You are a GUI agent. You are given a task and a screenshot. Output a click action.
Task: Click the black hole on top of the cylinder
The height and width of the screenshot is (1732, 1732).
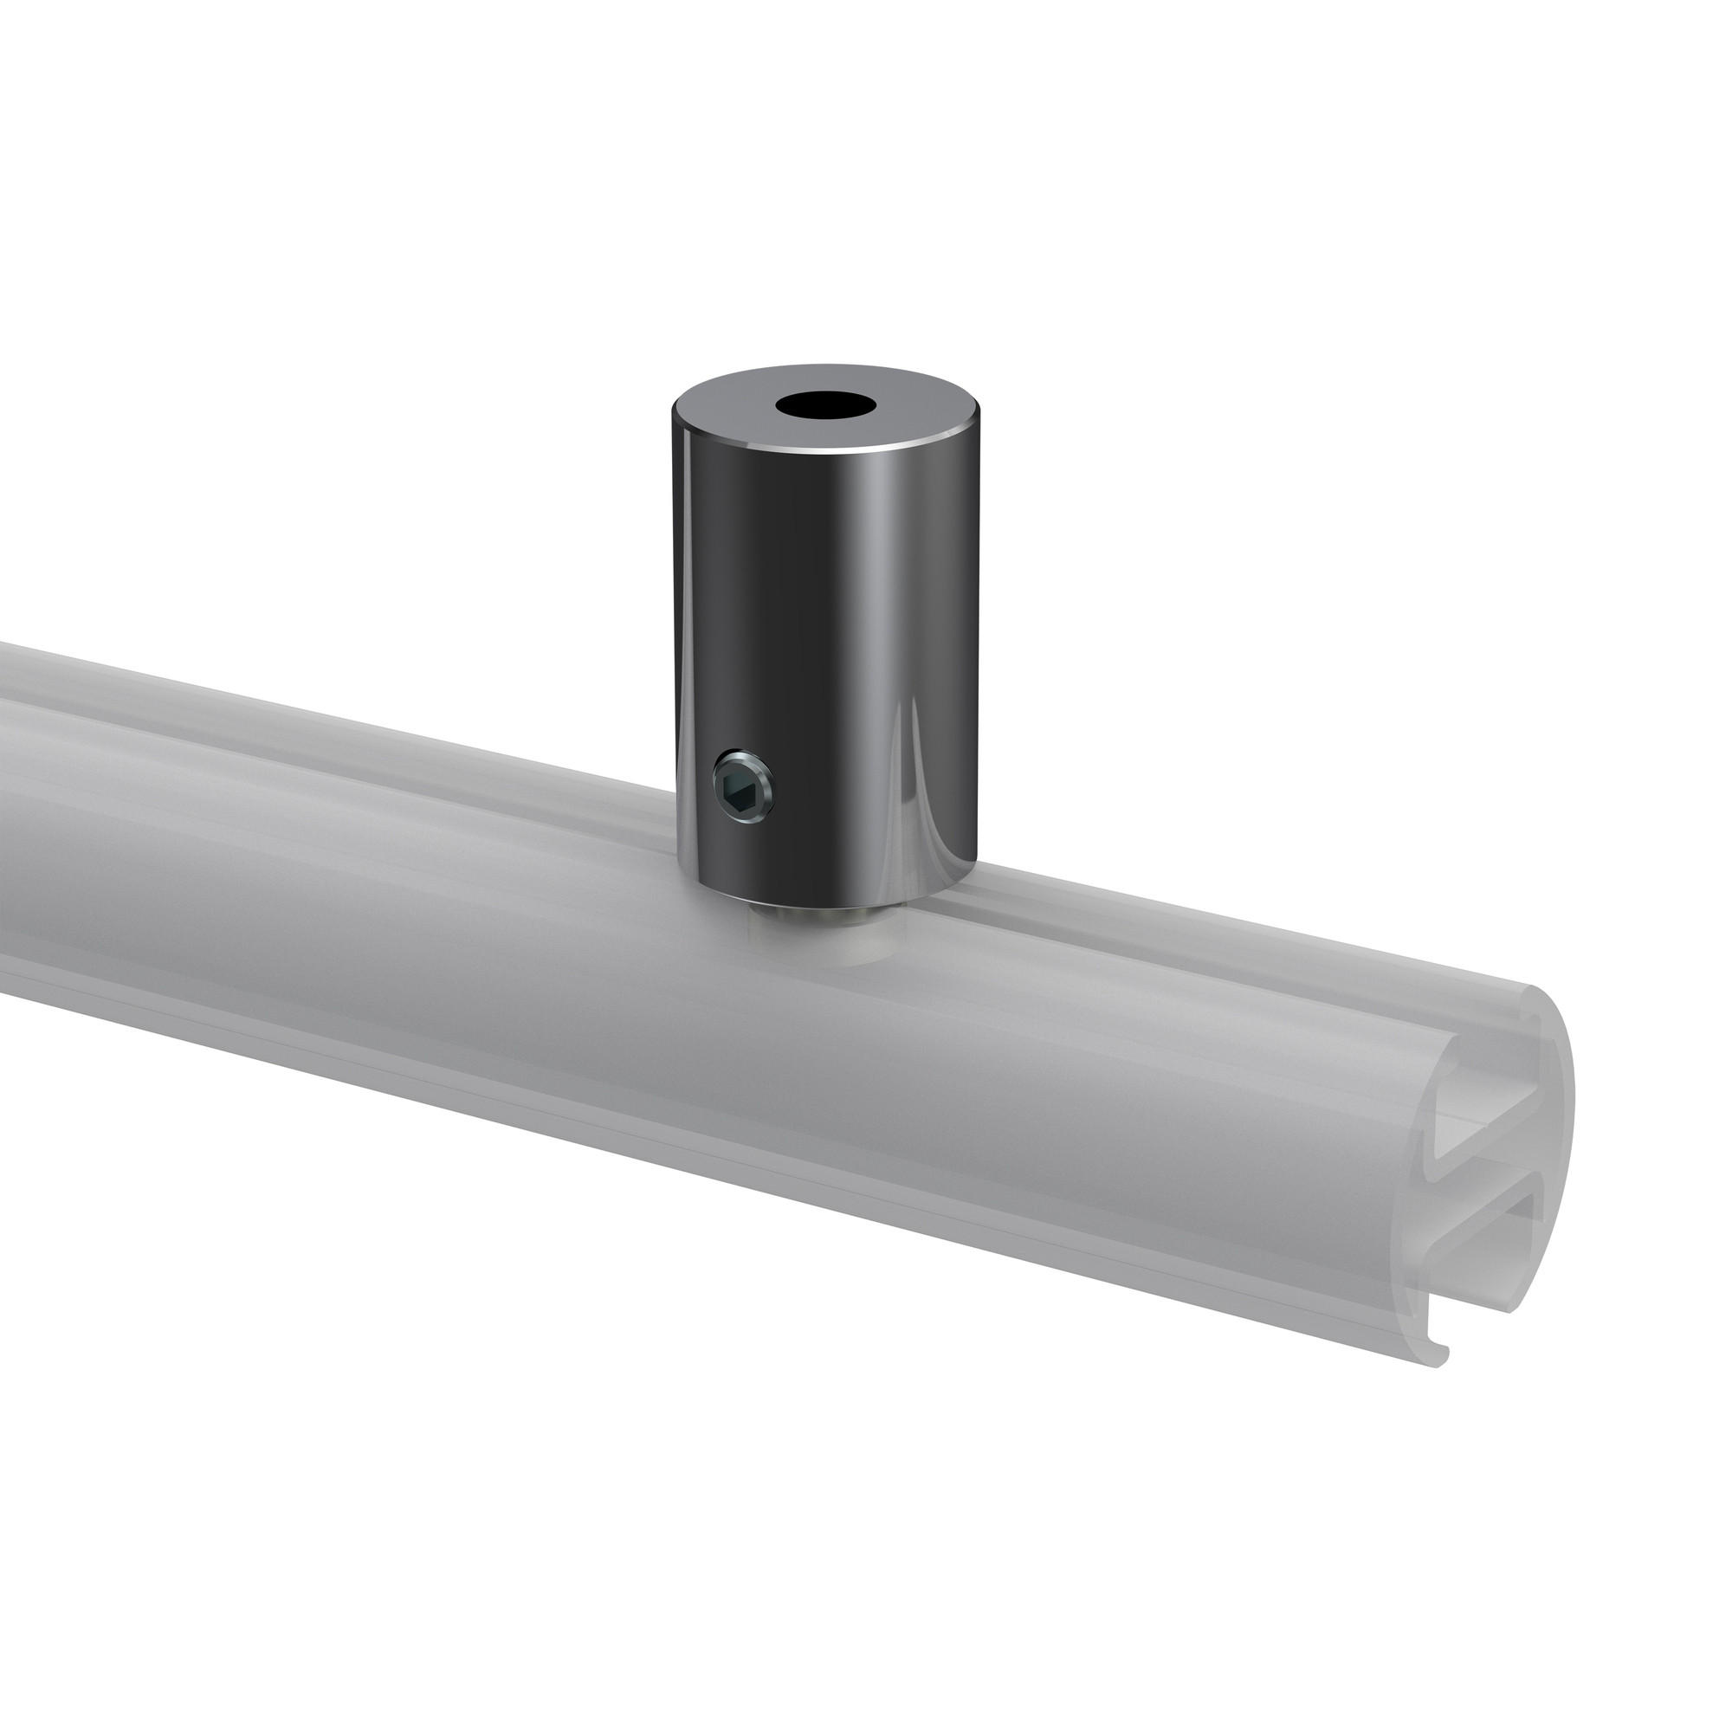(825, 405)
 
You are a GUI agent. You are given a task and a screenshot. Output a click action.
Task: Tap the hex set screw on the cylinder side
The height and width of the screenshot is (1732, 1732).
(743, 787)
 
